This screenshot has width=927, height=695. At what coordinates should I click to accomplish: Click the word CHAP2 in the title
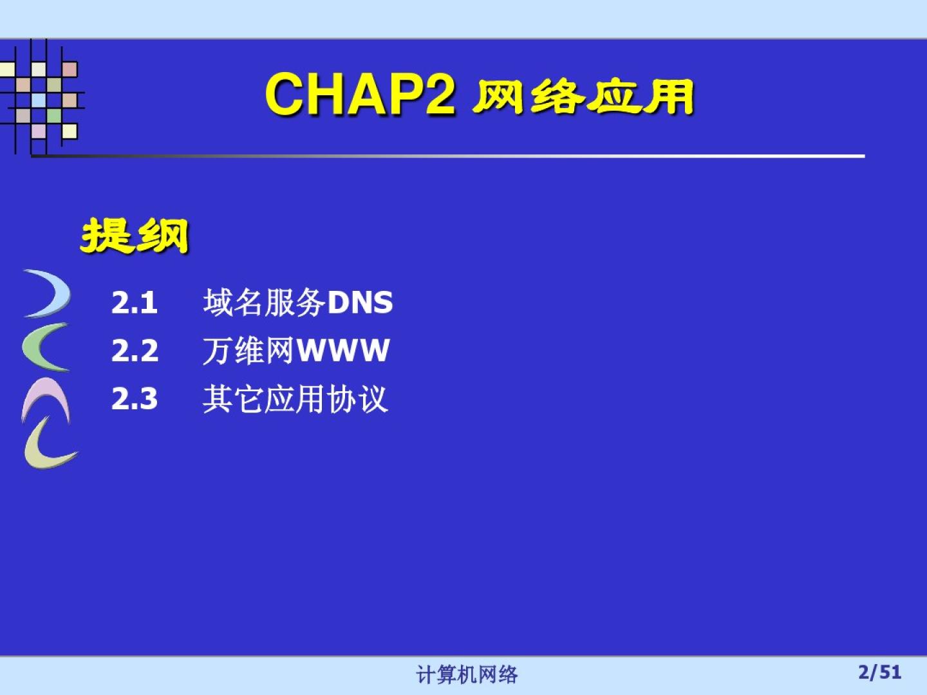[x=360, y=94]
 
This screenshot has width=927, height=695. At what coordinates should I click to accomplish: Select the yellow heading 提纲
[x=135, y=236]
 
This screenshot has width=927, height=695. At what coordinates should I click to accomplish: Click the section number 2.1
[x=135, y=302]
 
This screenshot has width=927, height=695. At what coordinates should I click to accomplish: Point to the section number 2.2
[x=135, y=350]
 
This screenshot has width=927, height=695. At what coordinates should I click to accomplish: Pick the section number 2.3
[x=135, y=398]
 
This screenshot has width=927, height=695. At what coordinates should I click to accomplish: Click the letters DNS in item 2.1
[x=360, y=302]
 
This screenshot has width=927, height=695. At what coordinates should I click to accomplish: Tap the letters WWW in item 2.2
[x=342, y=350]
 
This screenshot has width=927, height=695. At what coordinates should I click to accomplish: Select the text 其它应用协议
[x=295, y=399]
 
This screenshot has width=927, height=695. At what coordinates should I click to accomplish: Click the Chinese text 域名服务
[x=265, y=302]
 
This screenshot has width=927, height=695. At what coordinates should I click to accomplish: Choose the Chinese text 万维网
[x=248, y=350]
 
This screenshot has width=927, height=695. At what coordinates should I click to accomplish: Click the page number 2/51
[x=880, y=672]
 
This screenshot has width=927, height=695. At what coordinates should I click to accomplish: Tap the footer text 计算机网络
[x=467, y=674]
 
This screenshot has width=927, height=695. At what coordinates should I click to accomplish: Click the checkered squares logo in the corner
[x=42, y=97]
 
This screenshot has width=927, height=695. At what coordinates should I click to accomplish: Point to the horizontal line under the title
[x=448, y=156]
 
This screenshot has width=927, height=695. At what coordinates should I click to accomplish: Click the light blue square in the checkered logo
[x=39, y=100]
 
